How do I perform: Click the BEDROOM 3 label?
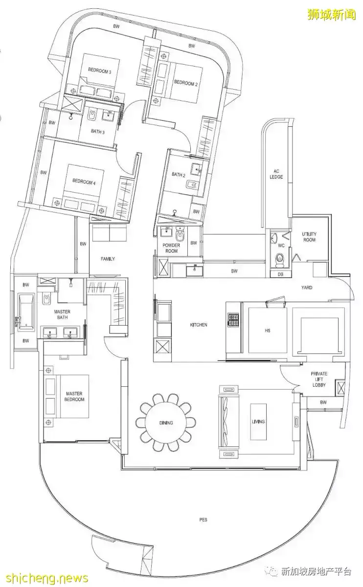(99, 71)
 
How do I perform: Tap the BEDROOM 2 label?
(185, 83)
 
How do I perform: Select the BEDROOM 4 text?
(84, 182)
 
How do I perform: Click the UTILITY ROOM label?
(309, 237)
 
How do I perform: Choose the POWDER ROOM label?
(171, 248)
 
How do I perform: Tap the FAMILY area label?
(108, 258)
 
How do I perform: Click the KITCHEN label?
(198, 325)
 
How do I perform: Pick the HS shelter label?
(267, 330)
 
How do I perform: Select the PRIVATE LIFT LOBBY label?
(319, 379)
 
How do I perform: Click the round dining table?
(166, 423)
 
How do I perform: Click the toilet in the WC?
(279, 258)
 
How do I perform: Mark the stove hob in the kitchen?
(233, 320)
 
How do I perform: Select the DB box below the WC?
(281, 275)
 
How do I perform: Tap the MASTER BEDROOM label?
(74, 397)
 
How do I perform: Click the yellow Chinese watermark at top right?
(331, 15)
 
